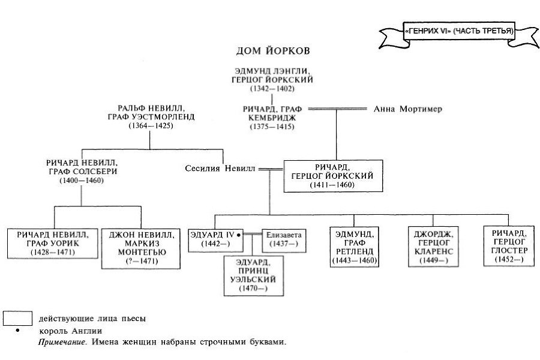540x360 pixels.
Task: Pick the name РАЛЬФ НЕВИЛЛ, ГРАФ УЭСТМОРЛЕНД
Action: point(148,113)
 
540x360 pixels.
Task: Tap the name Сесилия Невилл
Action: point(220,169)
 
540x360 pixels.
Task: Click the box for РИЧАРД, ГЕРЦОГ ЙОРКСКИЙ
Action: point(333,175)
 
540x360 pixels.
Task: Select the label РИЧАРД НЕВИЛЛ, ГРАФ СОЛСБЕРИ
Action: point(82,166)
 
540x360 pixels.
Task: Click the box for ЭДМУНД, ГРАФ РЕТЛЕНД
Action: point(356,247)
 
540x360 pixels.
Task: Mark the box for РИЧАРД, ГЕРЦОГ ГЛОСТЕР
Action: point(509,247)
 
